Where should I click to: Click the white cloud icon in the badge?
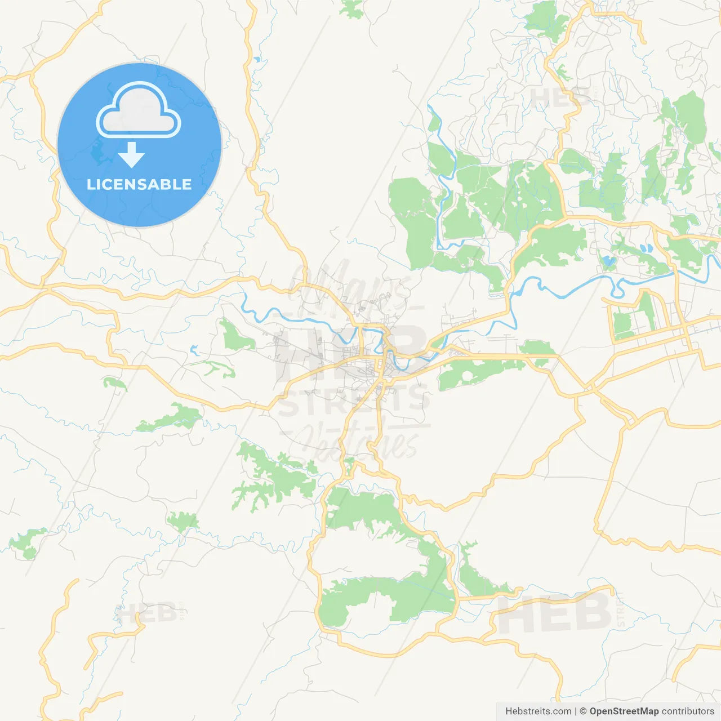tap(139, 111)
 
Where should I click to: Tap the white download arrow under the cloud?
tap(131, 155)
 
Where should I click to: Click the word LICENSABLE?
tap(139, 184)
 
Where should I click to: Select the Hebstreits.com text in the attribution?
tap(538, 711)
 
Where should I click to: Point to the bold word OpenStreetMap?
tap(624, 711)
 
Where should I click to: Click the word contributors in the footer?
tap(688, 711)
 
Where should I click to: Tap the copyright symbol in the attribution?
tap(583, 711)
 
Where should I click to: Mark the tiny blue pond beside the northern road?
tap(257, 59)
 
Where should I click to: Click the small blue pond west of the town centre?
tap(194, 349)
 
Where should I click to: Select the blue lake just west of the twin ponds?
tap(609, 261)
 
